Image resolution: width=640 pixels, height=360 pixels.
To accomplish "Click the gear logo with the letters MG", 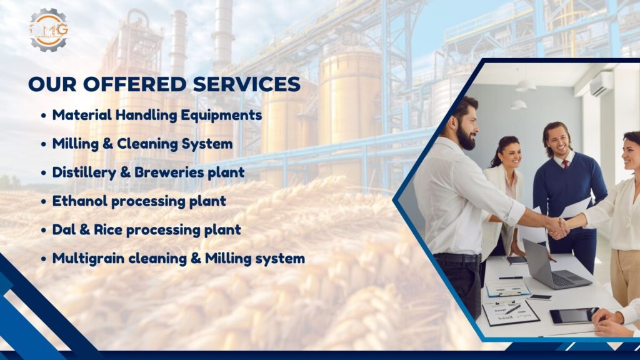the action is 49,29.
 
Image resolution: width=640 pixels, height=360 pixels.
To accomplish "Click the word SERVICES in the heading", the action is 246,84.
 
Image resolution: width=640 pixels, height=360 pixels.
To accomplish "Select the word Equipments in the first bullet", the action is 221,116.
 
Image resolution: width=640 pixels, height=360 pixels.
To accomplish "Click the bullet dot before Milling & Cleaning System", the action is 44,145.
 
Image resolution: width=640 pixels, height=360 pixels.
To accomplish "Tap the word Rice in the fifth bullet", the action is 107,230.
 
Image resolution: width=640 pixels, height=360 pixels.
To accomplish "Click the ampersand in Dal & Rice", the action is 85,230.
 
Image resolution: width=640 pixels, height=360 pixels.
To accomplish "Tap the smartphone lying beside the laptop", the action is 539,297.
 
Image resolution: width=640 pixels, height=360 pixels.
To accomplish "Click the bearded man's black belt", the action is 457,258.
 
